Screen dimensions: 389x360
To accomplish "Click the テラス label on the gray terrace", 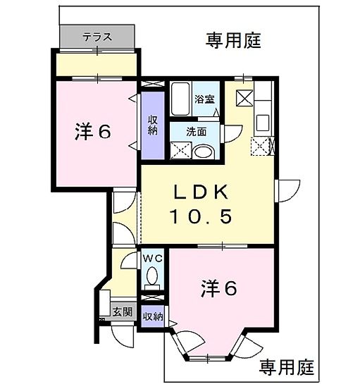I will coord(97,36).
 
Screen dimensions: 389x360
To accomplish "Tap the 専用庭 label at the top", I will coord(234,40).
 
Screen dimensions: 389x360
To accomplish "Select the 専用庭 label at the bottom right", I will coord(286,367).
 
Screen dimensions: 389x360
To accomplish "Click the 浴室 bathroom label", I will coord(205,99).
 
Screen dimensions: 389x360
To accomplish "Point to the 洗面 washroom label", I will coord(197,131).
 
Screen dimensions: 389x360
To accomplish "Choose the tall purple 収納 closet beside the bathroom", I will coord(152,125).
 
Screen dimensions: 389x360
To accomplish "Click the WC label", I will coord(154,259).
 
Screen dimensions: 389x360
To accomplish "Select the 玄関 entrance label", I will coord(122,311).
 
